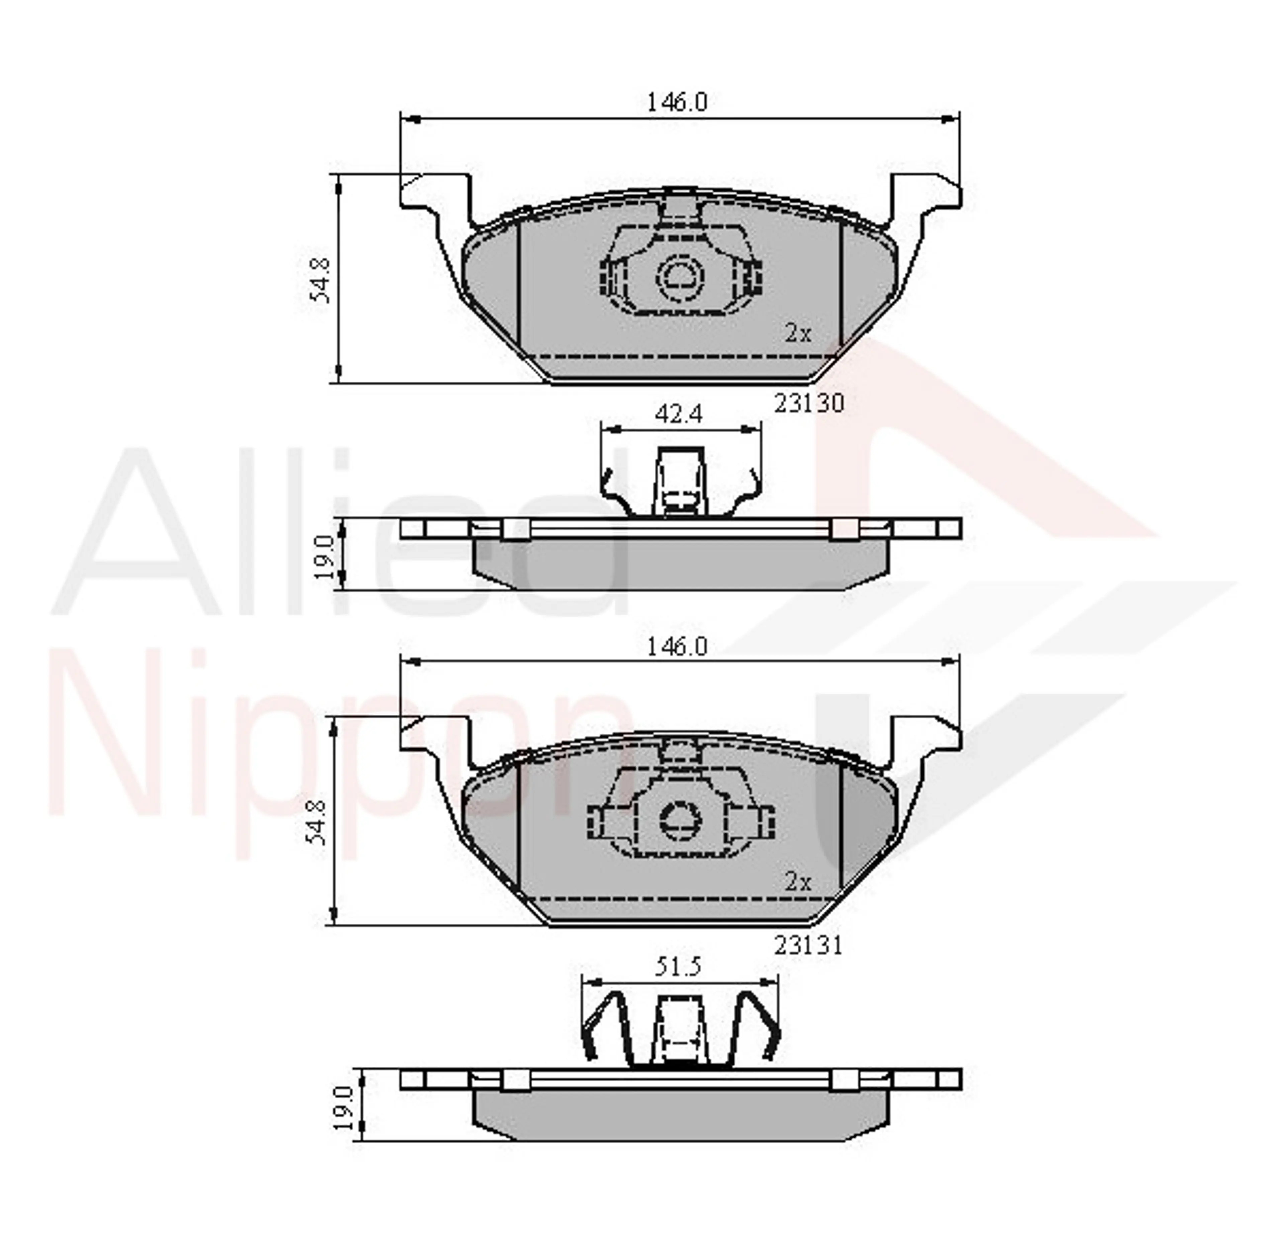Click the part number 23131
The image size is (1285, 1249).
(807, 945)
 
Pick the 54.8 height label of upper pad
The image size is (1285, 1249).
(320, 280)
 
